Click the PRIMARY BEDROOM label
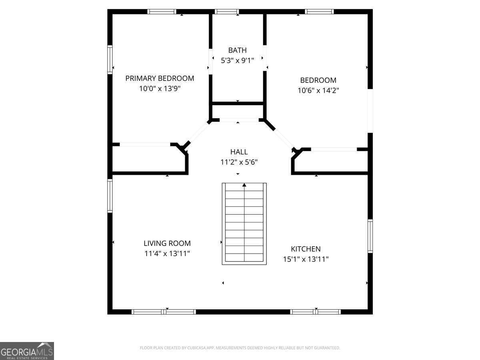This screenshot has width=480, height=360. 160,78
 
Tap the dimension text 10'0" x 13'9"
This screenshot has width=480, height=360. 160,88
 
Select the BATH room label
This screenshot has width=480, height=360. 237,50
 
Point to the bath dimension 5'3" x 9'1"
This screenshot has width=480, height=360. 237,60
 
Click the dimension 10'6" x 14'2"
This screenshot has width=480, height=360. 318,90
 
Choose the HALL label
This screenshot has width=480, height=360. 239,152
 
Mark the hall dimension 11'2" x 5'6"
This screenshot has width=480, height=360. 239,162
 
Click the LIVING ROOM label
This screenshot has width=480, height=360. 167,243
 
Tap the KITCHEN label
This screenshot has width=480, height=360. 306,249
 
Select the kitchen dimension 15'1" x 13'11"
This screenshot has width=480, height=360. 306,259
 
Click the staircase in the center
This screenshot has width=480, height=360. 244,224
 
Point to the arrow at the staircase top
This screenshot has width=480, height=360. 244,185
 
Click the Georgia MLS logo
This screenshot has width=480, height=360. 27,351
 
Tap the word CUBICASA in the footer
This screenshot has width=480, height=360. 196,348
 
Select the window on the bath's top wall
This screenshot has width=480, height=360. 226,12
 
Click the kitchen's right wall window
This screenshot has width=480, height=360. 370,236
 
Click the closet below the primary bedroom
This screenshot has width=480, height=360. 148,159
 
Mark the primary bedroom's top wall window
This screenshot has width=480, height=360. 162,12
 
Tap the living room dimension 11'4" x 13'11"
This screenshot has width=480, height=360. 167,253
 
